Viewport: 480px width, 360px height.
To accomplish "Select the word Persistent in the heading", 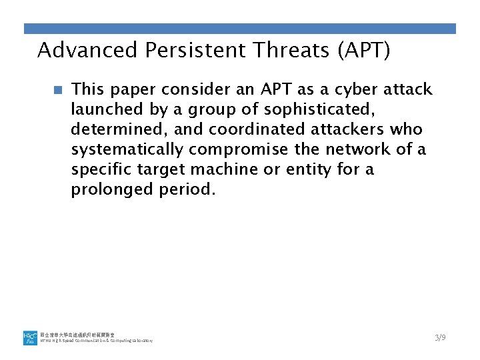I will point(176,50).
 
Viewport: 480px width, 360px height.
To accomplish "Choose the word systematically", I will point(127,149).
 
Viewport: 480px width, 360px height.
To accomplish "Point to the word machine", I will point(227,169).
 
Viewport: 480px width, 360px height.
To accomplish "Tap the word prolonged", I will point(113,189).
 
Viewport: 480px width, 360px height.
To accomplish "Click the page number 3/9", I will point(440,337).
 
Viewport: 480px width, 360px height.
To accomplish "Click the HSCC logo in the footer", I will point(31,337).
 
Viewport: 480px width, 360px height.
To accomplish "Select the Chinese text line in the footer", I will point(76,333).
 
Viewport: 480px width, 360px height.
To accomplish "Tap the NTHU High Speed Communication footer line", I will point(97,341).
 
